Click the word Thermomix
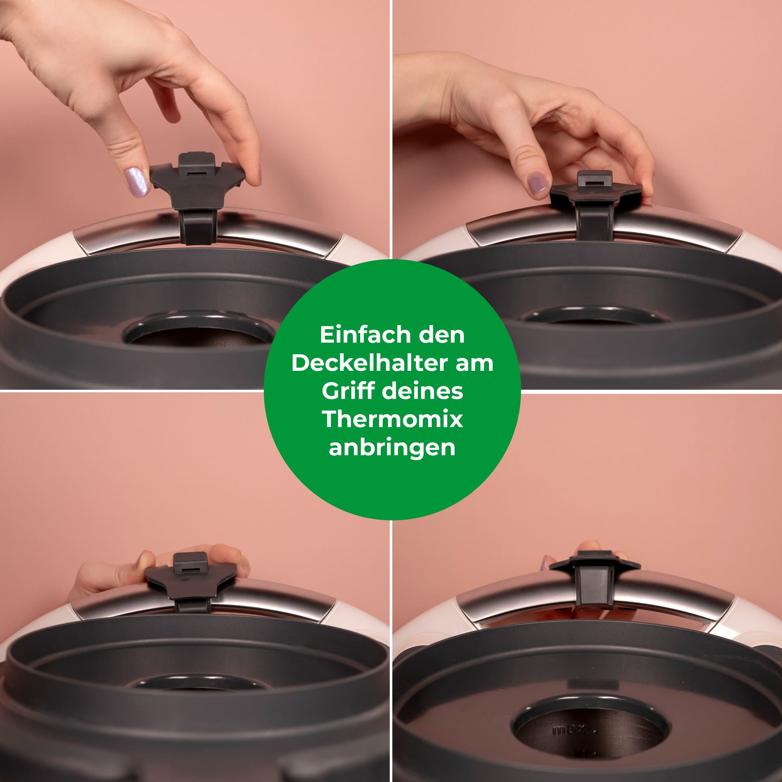tap(392, 419)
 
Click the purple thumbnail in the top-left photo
tap(136, 182)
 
